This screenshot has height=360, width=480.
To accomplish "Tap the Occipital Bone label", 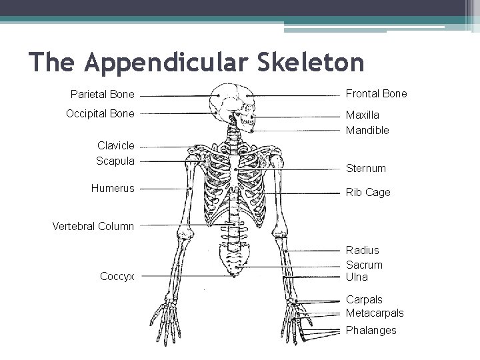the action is tap(100, 113).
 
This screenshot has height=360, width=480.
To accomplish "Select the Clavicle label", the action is tap(115, 145).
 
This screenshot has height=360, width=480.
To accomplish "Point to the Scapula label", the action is tap(115, 161).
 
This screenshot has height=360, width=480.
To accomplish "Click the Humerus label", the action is tap(113, 188).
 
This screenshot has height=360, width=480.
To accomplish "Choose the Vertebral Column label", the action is tap(93, 226).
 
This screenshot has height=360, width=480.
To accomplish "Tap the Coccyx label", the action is tap(117, 276).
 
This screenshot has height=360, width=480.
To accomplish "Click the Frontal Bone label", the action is tap(376, 94).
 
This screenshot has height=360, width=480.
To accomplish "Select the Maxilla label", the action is tap(362, 115).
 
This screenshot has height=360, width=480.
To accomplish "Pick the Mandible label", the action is tap(367, 131).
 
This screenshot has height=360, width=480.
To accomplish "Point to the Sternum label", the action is tap(366, 169).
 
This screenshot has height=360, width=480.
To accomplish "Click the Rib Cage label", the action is tap(368, 192).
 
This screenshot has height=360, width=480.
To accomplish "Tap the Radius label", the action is tap(362, 250).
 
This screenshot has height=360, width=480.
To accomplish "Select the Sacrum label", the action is tap(363, 264).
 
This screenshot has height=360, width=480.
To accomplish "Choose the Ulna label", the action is tap(357, 277).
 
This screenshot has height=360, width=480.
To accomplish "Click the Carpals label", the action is tap(364, 300).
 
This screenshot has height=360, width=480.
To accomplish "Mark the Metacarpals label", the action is tap(375, 313).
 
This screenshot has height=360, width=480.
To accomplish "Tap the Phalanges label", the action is tap(371, 330).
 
